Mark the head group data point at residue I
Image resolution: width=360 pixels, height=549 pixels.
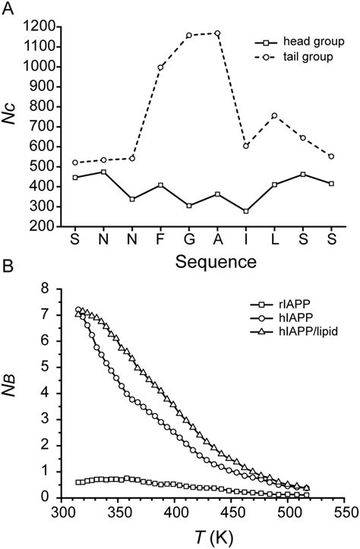click(x=246, y=211)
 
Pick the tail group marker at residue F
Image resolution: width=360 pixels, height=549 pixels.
click(x=160, y=68)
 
